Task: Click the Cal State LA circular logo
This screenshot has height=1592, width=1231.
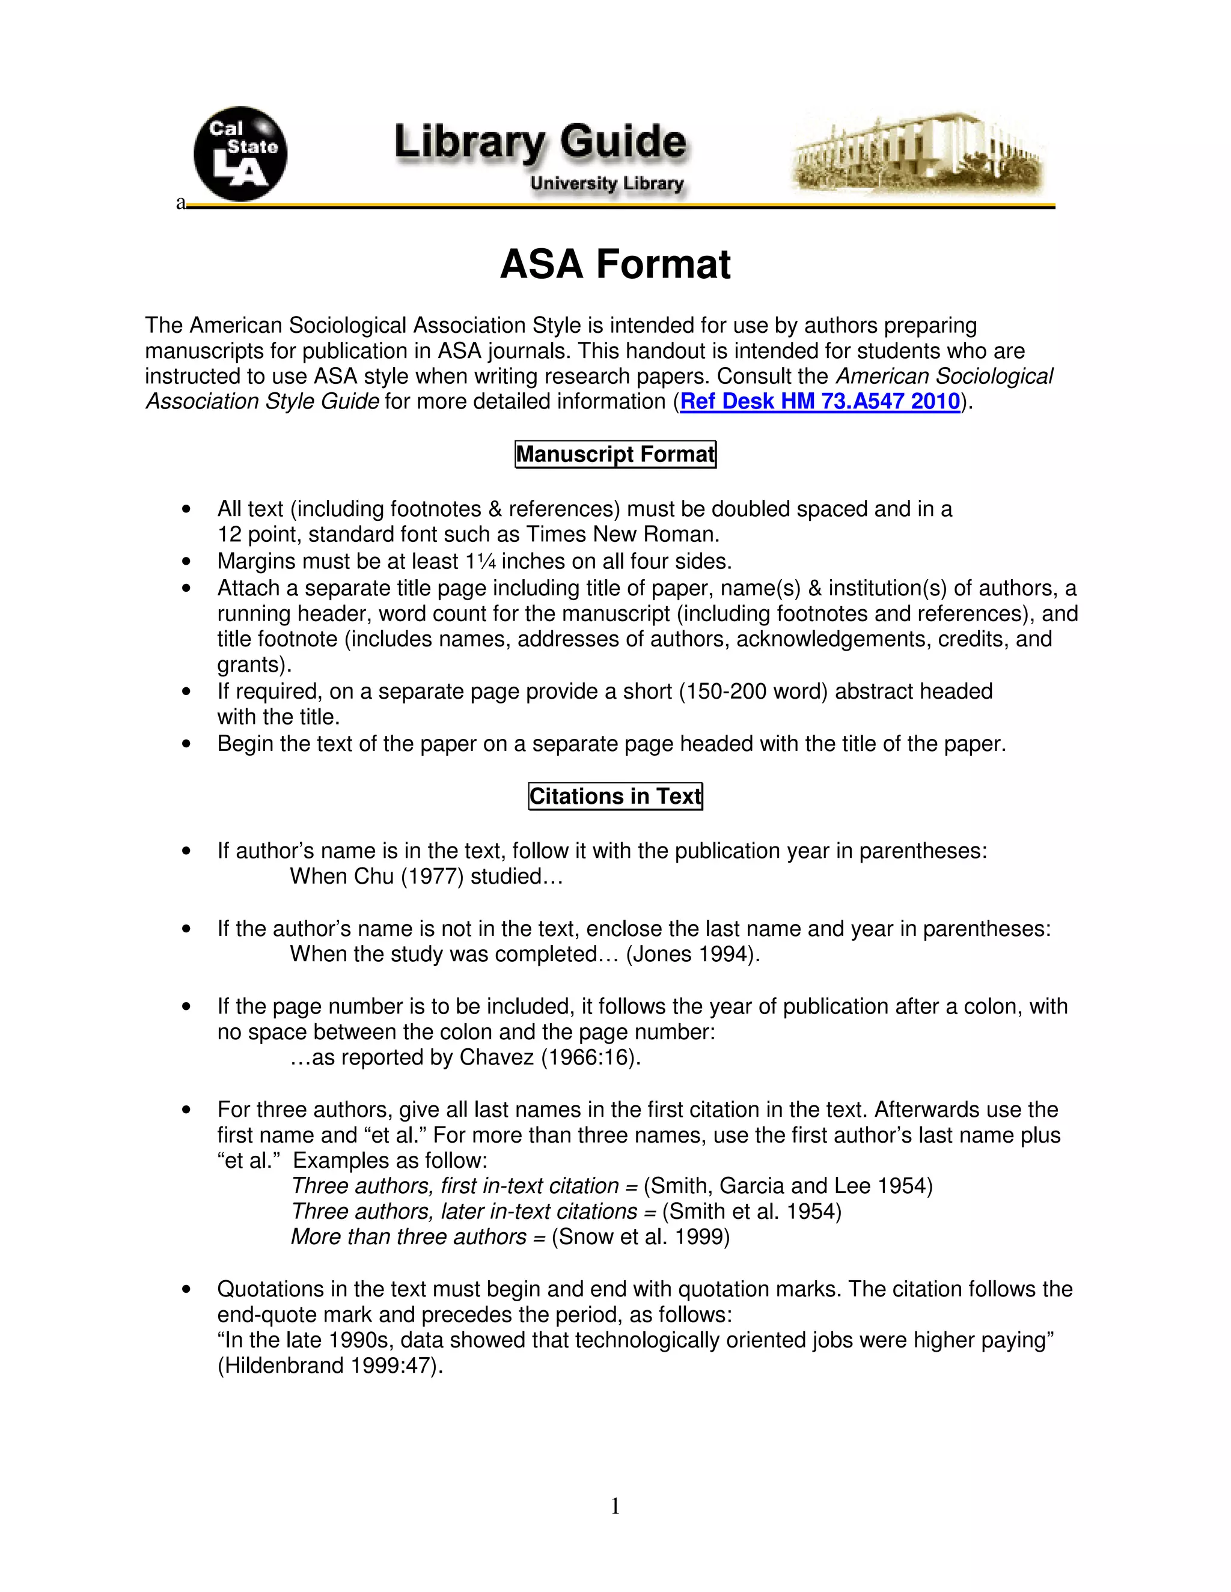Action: pos(240,154)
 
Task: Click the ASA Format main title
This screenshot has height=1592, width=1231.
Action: pos(615,264)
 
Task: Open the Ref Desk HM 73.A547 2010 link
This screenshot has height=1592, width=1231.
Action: pos(820,402)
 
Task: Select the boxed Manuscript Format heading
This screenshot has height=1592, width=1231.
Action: pos(615,454)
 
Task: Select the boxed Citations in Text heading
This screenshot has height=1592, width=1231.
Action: pos(615,796)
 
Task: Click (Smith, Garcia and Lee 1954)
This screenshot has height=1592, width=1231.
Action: pos(787,1186)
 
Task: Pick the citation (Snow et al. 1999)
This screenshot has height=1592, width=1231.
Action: pos(640,1237)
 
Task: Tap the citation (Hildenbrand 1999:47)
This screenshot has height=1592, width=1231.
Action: pos(329,1366)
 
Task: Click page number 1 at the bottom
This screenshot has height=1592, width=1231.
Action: pos(615,1505)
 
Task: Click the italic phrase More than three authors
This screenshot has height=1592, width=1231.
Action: pos(408,1237)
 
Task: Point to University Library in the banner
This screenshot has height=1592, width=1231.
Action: pos(606,184)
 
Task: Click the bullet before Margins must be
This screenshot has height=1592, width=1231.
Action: pos(188,562)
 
